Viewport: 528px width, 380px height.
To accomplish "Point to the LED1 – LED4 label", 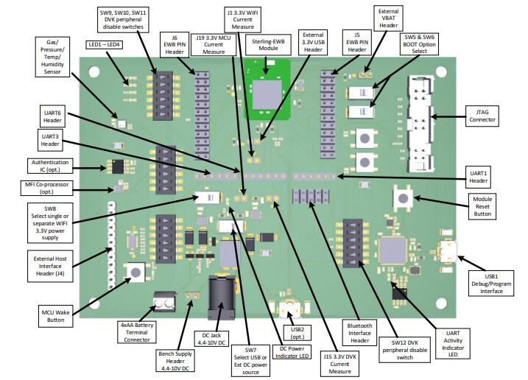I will pyautogui.click(x=105, y=45).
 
